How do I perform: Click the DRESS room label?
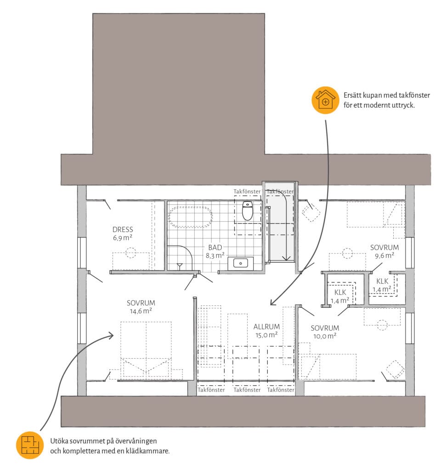pyautogui.click(x=123, y=230)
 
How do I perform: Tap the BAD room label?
pyautogui.click(x=215, y=248)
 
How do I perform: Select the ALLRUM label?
pyautogui.click(x=266, y=327)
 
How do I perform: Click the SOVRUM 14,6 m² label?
pyautogui.click(x=141, y=307)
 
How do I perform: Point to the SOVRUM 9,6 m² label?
pyautogui.click(x=384, y=252)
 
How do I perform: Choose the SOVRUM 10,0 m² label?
pyautogui.click(x=325, y=332)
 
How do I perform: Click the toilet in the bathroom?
pyautogui.click(x=247, y=211)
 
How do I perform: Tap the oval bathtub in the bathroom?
pyautogui.click(x=191, y=217)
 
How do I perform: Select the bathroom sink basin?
pyautogui.click(x=241, y=263)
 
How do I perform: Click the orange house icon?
pyautogui.click(x=325, y=100)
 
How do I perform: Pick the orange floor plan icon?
pyautogui.click(x=30, y=445)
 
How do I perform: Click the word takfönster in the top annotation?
pyautogui.click(x=414, y=95)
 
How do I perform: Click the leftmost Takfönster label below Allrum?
pyautogui.click(x=211, y=390)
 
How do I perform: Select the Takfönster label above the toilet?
pyautogui.click(x=247, y=192)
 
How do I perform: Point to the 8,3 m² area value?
pyautogui.click(x=215, y=256)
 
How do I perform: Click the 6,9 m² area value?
pyautogui.click(x=122, y=238)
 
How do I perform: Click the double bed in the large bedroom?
pyautogui.click(x=146, y=349)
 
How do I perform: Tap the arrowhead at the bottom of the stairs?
pyautogui.click(x=286, y=258)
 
